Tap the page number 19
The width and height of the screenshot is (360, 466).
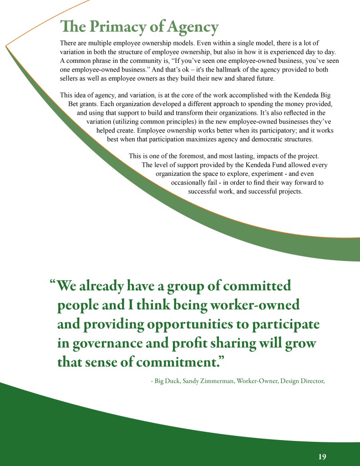pyautogui.click(x=322, y=457)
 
